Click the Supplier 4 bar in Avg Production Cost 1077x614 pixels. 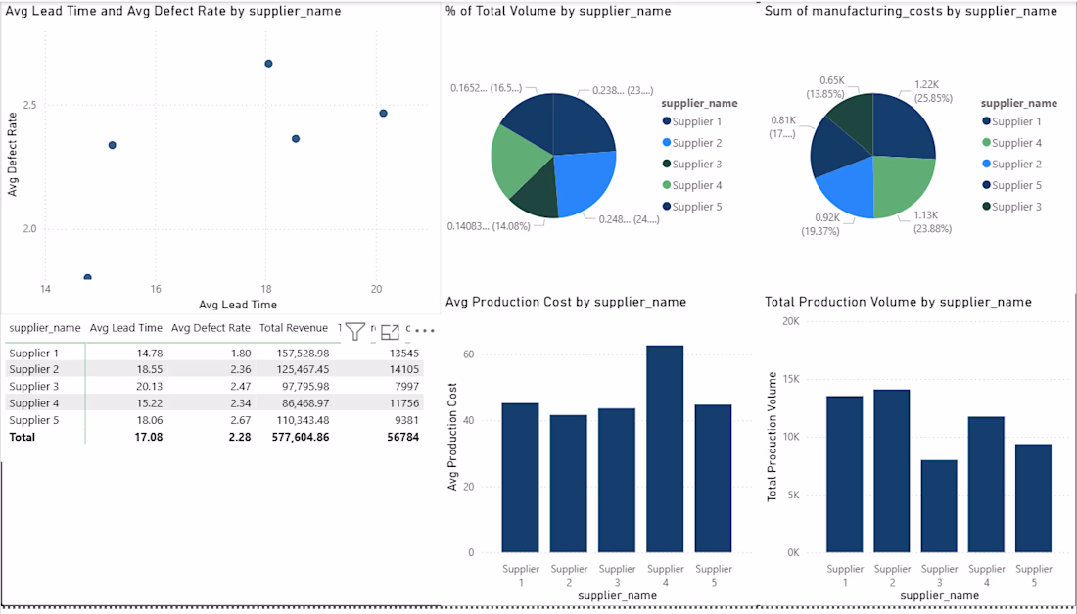coord(666,449)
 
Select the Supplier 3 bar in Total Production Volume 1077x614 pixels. coord(940,506)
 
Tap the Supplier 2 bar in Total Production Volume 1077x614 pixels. coord(892,471)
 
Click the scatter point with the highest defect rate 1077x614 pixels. coord(268,64)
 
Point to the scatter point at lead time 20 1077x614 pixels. coord(383,113)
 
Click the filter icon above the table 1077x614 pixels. coord(354,332)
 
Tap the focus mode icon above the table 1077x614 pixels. coord(390,332)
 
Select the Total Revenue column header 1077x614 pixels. coord(293,328)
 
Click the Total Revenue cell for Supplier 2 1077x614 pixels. coord(302,369)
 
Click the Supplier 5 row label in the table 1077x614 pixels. coord(34,420)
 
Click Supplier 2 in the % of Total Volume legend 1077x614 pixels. coord(696,143)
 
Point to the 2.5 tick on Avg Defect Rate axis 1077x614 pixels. coord(28,105)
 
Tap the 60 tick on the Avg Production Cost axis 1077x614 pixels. coord(469,354)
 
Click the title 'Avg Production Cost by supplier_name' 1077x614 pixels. coord(566,302)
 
